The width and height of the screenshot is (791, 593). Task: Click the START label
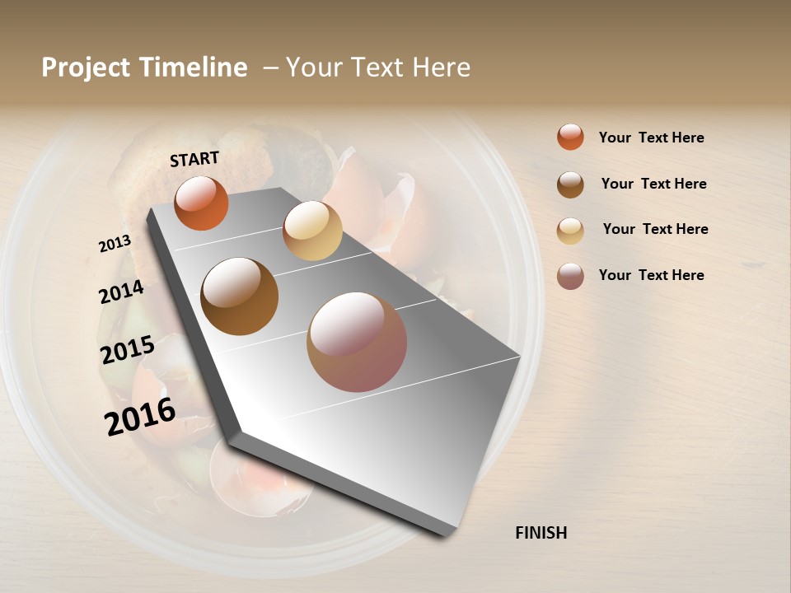click(194, 159)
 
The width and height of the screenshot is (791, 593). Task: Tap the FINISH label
click(541, 533)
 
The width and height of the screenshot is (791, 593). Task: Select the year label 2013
click(115, 244)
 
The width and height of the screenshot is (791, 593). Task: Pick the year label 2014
click(121, 292)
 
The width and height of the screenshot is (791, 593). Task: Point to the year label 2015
click(128, 350)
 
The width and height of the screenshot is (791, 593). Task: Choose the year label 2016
click(140, 416)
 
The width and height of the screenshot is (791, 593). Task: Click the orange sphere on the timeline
click(201, 203)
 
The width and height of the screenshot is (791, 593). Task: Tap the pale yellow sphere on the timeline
click(312, 231)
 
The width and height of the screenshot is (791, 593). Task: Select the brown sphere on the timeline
click(240, 296)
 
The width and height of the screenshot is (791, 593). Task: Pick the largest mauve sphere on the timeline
click(357, 342)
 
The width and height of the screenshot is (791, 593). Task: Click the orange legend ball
click(570, 137)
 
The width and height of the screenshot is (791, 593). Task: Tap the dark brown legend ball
click(570, 184)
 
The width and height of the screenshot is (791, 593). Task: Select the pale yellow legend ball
click(570, 231)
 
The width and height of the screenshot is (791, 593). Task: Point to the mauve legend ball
click(570, 276)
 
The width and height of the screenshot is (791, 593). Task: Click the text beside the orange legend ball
click(651, 138)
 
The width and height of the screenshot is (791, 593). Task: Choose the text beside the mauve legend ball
click(651, 275)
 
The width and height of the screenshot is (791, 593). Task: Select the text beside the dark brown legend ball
click(653, 184)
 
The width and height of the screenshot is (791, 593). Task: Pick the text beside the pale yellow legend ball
click(655, 229)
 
